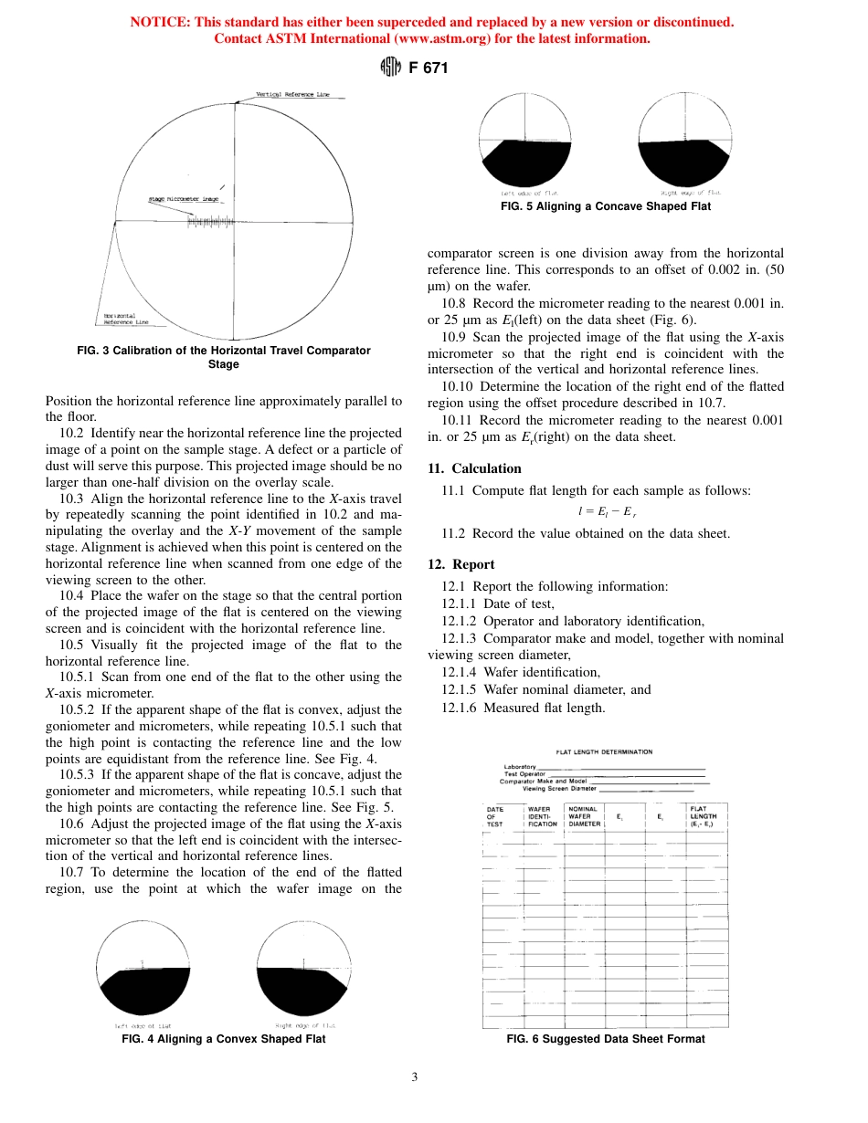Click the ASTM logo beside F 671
click(389, 68)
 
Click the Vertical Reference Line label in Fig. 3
click(292, 95)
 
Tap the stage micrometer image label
click(184, 198)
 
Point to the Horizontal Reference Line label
click(126, 319)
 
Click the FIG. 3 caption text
click(223, 357)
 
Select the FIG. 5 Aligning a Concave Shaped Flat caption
click(606, 206)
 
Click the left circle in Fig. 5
click(526, 141)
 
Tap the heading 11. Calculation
click(474, 468)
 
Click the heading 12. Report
click(460, 564)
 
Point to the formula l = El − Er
click(606, 512)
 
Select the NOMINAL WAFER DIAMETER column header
click(584, 816)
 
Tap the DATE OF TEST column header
click(495, 816)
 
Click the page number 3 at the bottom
click(414, 1077)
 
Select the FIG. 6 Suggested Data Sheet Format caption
click(606, 1039)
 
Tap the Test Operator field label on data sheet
click(524, 773)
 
